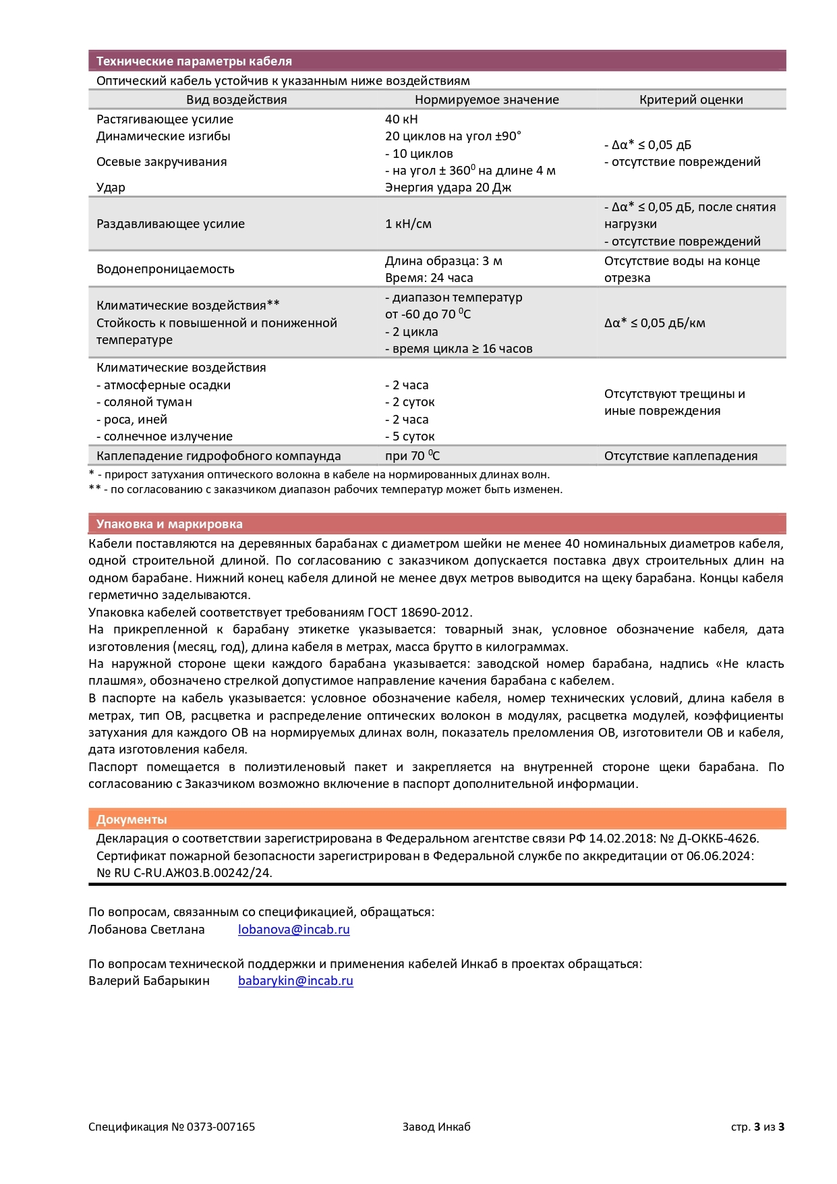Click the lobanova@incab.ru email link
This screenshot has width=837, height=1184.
pyautogui.click(x=293, y=930)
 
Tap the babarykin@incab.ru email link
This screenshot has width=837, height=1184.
pyautogui.click(x=295, y=981)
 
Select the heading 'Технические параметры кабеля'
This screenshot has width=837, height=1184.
pyautogui.click(x=194, y=61)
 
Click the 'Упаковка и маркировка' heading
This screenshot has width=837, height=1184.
pyautogui.click(x=169, y=524)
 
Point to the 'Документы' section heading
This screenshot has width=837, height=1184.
pyautogui.click(x=132, y=820)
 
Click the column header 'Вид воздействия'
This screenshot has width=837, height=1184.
pyautogui.click(x=236, y=100)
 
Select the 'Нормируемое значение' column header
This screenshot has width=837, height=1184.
pyautogui.click(x=486, y=100)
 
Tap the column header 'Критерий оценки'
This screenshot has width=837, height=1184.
pyautogui.click(x=691, y=100)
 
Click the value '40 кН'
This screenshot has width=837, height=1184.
pyautogui.click(x=401, y=119)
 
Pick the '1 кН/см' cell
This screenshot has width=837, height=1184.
pyautogui.click(x=408, y=224)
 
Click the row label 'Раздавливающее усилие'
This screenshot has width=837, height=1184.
pyautogui.click(x=171, y=224)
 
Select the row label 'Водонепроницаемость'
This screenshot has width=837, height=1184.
pyautogui.click(x=165, y=269)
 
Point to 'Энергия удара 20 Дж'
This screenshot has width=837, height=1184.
pyautogui.click(x=448, y=188)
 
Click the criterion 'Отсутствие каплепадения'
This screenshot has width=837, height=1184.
pyautogui.click(x=681, y=456)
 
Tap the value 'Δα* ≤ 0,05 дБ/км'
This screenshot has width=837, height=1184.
pyautogui.click(x=654, y=323)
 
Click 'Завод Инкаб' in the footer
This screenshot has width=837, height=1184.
pyautogui.click(x=436, y=1127)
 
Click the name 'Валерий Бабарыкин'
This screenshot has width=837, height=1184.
pyautogui.click(x=149, y=981)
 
